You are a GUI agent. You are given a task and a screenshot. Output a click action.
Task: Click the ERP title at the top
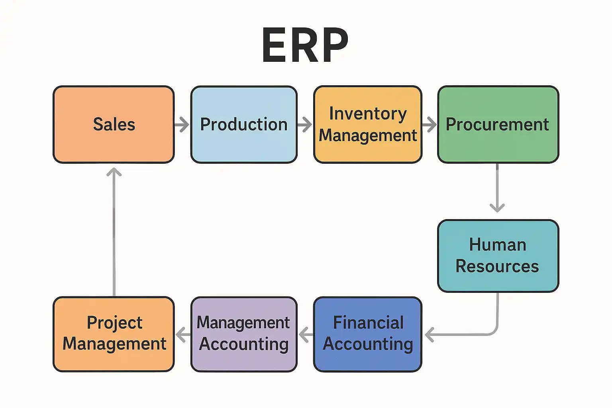[x=305, y=45]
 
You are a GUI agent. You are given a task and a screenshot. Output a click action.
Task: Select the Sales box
[x=114, y=124]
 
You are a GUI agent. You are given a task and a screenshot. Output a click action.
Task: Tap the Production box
[x=244, y=124]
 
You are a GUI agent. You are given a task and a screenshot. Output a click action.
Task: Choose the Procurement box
[x=498, y=124]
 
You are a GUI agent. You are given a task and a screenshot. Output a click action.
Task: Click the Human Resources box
[x=498, y=256]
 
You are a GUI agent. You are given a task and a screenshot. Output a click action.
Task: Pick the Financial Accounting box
[x=367, y=334]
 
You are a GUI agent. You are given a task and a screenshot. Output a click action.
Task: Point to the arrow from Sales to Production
[x=182, y=124]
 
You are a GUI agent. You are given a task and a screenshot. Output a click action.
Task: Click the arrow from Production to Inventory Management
[x=305, y=124]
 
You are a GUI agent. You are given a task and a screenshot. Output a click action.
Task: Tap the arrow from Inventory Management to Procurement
[x=430, y=124]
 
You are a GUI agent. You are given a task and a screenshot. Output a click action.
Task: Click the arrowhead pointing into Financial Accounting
[x=429, y=334]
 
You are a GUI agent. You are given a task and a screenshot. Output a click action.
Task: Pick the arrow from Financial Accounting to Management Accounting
[x=306, y=334]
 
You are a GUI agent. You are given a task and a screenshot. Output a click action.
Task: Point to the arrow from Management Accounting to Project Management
[x=182, y=334]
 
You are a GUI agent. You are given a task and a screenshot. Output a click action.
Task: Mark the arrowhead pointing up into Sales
[x=114, y=172]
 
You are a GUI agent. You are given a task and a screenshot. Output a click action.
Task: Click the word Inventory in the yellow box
[x=368, y=114]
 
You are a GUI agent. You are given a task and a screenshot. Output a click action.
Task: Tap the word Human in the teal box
[x=498, y=245]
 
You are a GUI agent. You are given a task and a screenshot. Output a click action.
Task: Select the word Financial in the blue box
[x=368, y=323]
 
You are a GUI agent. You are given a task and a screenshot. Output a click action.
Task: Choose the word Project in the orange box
[x=114, y=323]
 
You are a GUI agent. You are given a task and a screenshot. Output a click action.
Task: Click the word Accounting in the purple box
[x=244, y=344]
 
